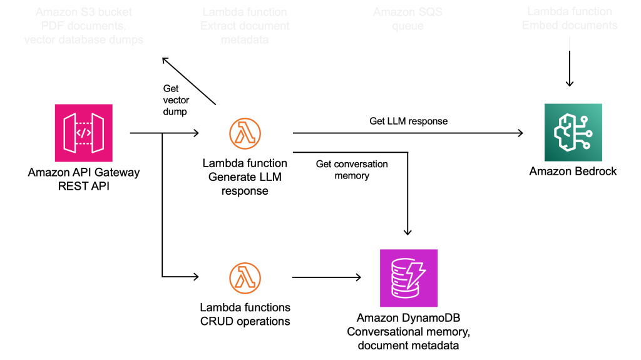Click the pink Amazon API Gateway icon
tap(84, 133)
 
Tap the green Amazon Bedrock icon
tap(573, 133)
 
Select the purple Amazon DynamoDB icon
tap(408, 277)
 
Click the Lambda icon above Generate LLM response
tap(245, 133)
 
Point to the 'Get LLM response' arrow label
tap(408, 121)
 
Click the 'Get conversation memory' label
tap(352, 170)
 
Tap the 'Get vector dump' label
tap(176, 100)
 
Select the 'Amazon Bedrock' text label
tap(573, 171)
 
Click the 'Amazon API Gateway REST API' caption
tap(84, 178)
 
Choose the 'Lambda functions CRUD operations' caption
tap(245, 314)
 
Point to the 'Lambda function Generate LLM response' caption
tap(245, 177)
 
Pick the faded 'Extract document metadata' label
tap(245, 26)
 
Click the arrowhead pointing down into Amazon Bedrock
tap(569, 83)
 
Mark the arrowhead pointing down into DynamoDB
tap(408, 232)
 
